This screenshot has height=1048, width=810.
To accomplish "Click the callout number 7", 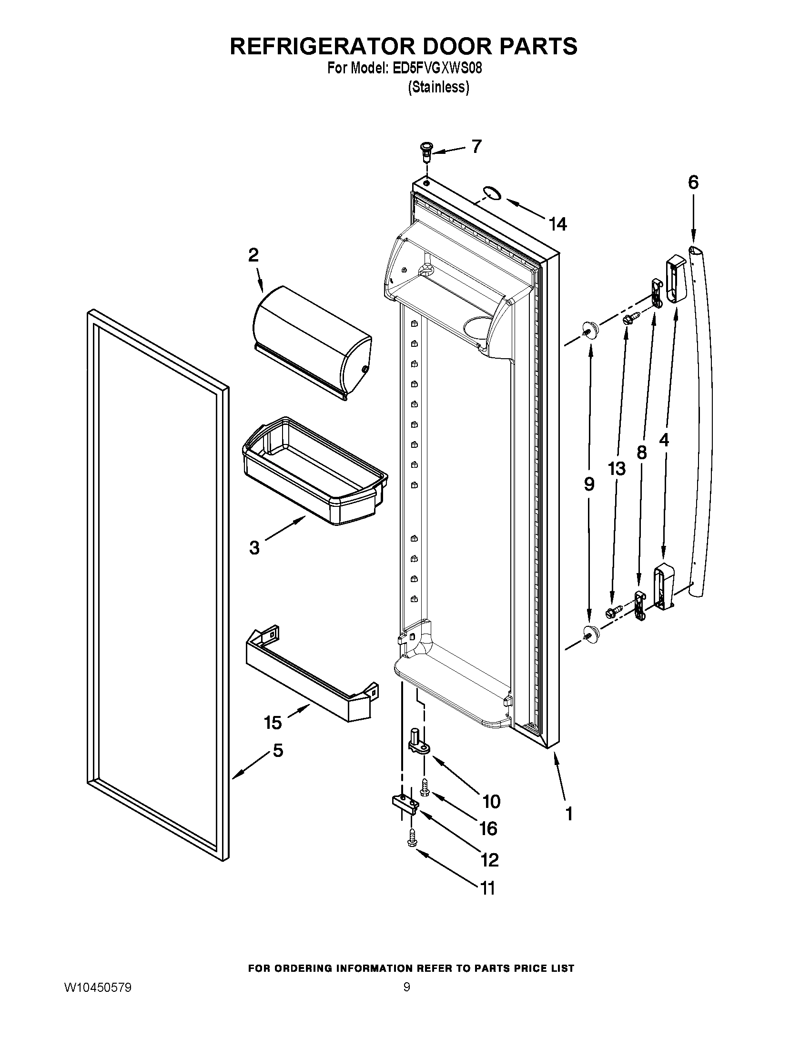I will pyautogui.click(x=476, y=146).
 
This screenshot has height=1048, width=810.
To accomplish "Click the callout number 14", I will pyautogui.click(x=557, y=223).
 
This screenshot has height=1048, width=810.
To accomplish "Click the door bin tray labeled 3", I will pyautogui.click(x=315, y=470).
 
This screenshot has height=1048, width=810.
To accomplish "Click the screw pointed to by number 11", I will pyautogui.click(x=412, y=837).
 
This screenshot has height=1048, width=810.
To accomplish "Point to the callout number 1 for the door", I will pyautogui.click(x=569, y=813).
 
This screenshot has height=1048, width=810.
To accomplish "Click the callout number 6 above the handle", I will pyautogui.click(x=693, y=182).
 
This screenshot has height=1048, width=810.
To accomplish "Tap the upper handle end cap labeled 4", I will pyautogui.click(x=675, y=280).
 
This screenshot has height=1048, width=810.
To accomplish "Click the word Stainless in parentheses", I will pyautogui.click(x=438, y=88).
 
